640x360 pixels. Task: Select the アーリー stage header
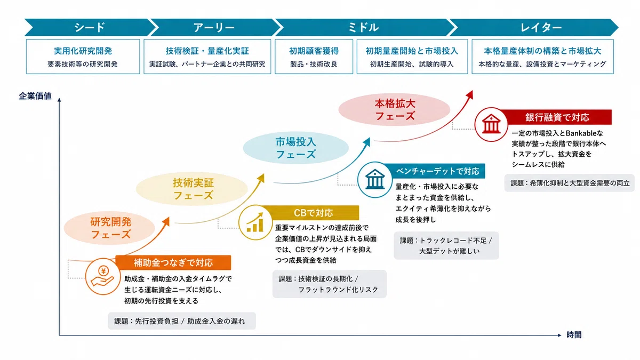click(x=214, y=27)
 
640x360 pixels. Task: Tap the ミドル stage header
click(x=363, y=27)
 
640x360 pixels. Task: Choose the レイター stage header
click(x=537, y=27)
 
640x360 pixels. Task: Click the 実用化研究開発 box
click(x=83, y=57)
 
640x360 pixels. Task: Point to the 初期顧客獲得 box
click(x=314, y=57)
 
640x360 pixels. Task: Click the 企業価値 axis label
click(x=35, y=96)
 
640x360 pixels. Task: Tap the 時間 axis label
click(x=574, y=334)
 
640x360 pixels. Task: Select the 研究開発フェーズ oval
click(x=109, y=228)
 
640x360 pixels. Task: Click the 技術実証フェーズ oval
click(x=191, y=189)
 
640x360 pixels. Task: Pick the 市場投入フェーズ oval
click(x=295, y=148)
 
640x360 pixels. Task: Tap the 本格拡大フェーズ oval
click(x=394, y=109)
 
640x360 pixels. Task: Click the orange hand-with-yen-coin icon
click(x=103, y=276)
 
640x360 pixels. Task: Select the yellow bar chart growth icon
click(x=255, y=222)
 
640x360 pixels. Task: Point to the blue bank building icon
click(x=375, y=180)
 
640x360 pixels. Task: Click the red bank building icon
click(x=491, y=124)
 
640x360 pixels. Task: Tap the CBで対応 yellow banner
click(x=313, y=213)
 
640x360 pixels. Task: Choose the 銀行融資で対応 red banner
click(x=557, y=117)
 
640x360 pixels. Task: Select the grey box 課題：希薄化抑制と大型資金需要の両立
click(x=570, y=183)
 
